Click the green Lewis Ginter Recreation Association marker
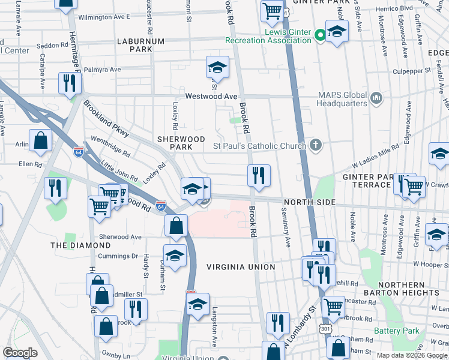(321, 35)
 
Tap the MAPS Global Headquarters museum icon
(376, 97)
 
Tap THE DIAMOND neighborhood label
(80, 245)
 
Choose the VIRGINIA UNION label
(240, 266)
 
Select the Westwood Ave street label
(211, 96)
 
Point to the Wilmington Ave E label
(104, 17)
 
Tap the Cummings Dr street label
(118, 256)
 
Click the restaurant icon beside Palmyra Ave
(70, 83)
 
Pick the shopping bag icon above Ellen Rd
(40, 142)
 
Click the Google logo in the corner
(20, 353)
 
